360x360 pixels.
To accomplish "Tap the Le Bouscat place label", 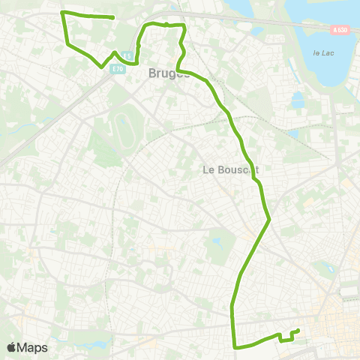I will [231, 169].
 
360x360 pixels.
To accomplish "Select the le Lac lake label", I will [323, 52].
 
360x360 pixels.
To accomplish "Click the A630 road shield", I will [340, 30].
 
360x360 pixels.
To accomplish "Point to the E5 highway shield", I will [128, 55].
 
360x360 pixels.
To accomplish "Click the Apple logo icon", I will [12, 347].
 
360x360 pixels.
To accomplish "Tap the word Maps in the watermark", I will [33, 347].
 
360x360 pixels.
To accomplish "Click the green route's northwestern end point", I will [112, 17].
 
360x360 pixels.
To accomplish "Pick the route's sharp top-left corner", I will [61, 13].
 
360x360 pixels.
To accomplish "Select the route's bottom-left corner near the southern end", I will [236, 346].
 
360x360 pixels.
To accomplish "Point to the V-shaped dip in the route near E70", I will [102, 66].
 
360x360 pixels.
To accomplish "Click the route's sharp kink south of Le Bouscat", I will [268, 220].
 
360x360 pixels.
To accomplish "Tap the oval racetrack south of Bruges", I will [124, 130].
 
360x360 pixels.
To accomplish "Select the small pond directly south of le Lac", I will [298, 99].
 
